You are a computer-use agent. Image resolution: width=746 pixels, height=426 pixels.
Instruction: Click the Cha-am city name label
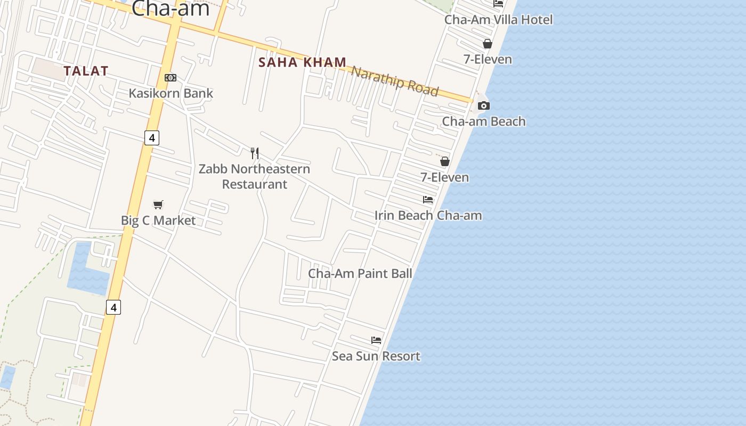tap(170, 9)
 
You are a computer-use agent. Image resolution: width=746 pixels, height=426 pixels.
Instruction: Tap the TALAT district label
tap(86, 71)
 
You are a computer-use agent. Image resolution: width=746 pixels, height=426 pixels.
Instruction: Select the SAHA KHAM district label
tap(302, 62)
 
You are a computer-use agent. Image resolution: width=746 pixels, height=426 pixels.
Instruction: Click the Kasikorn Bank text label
tap(171, 93)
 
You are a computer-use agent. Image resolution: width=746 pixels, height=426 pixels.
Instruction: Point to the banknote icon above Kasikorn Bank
tap(170, 78)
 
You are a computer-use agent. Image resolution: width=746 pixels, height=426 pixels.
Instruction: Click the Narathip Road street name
tap(395, 81)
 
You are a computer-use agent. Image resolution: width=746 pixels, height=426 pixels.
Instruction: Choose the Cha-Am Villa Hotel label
tap(498, 20)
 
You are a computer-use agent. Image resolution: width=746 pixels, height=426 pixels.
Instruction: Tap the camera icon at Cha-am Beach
tap(483, 105)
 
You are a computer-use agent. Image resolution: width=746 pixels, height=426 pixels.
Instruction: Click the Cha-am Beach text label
tap(483, 121)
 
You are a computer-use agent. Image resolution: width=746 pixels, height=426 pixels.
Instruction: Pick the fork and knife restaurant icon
tap(255, 153)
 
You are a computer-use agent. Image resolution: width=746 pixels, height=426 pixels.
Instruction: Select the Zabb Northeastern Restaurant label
tap(254, 176)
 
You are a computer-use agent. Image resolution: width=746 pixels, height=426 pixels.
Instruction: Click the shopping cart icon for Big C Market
tap(158, 204)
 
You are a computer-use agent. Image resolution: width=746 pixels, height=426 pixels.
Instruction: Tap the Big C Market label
tap(158, 220)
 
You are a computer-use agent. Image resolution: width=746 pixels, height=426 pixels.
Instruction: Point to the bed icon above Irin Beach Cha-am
tap(428, 200)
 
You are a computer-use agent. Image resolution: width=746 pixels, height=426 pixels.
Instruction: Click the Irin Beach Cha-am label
tap(428, 216)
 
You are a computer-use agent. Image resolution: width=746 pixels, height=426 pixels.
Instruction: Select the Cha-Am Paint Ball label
tap(360, 274)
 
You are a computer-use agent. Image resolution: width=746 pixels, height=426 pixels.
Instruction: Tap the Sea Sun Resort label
tap(376, 356)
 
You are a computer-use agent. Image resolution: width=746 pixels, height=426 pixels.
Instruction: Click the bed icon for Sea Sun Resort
tap(376, 340)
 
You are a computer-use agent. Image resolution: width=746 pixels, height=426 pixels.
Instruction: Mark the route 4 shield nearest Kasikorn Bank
tap(152, 138)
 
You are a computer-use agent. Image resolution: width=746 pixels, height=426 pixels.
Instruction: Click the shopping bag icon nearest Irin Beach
tap(444, 161)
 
